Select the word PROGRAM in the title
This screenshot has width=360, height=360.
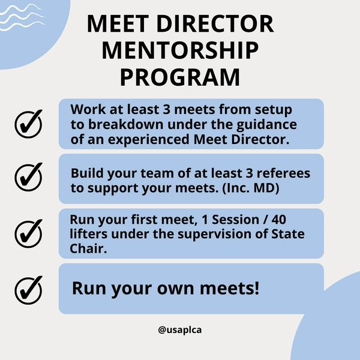(x=179, y=77)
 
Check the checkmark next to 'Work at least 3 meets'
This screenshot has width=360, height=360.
(x=28, y=124)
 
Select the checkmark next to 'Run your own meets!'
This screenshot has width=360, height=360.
(x=28, y=288)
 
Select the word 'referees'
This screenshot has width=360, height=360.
(x=284, y=173)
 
